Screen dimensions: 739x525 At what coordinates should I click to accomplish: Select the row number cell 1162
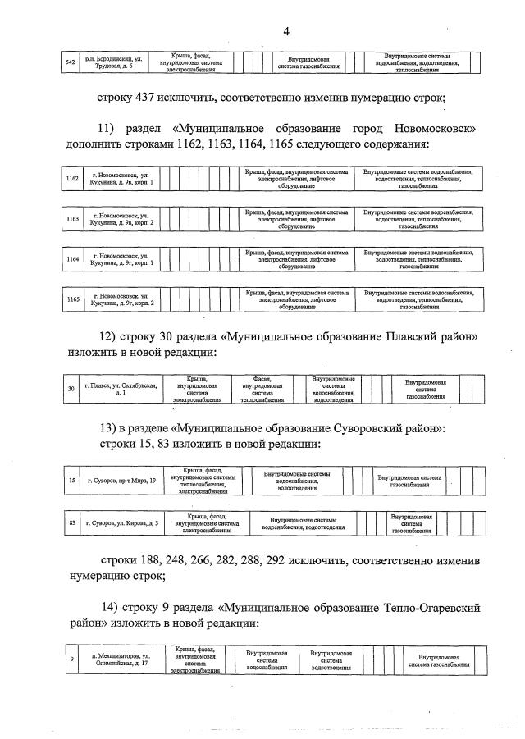[x=71, y=179]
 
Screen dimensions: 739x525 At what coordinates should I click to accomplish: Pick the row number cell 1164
[x=71, y=258]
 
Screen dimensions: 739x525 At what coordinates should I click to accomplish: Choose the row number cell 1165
[x=71, y=299]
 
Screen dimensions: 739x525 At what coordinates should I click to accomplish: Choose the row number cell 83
[x=72, y=522]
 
